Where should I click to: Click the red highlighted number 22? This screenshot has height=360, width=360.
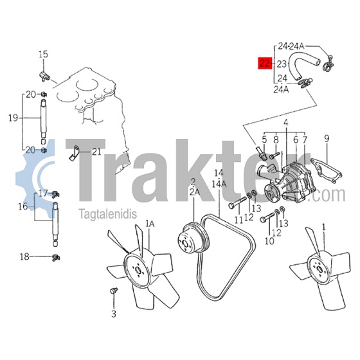[x=265, y=63]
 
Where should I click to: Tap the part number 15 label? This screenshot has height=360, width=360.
[x=43, y=55]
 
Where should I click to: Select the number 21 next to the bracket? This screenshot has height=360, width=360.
[x=96, y=152]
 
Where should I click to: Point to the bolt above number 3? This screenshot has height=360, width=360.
[x=114, y=291]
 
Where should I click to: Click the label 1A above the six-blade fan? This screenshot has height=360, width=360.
[x=150, y=224]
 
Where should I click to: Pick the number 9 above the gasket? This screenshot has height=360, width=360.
[x=327, y=138]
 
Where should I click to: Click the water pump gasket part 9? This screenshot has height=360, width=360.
[x=326, y=171]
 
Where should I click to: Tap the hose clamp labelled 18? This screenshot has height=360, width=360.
[x=55, y=258]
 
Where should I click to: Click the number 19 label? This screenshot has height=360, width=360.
[x=14, y=118]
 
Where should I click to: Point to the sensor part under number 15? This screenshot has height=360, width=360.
[x=44, y=76]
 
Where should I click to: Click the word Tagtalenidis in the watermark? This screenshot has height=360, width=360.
[x=108, y=213]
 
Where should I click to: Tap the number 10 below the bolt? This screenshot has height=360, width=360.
[x=269, y=241]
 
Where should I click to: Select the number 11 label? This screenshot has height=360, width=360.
[x=239, y=220]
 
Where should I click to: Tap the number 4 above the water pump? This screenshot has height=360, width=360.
[x=286, y=123]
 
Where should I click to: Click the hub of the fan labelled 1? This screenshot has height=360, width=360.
[x=320, y=267]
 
